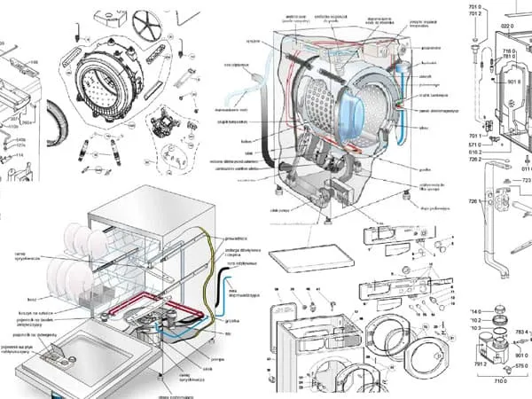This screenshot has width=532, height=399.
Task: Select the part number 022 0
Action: tap(507, 27)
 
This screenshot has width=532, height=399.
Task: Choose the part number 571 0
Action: tap(474, 144)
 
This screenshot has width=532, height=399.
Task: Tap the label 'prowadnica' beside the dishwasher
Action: tap(236, 240)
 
